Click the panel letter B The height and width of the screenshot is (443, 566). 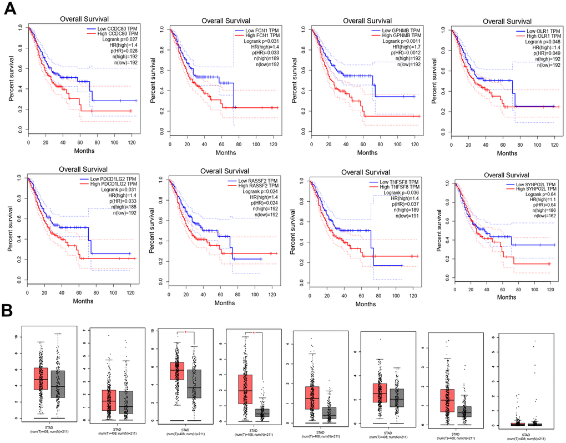click(9, 310)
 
